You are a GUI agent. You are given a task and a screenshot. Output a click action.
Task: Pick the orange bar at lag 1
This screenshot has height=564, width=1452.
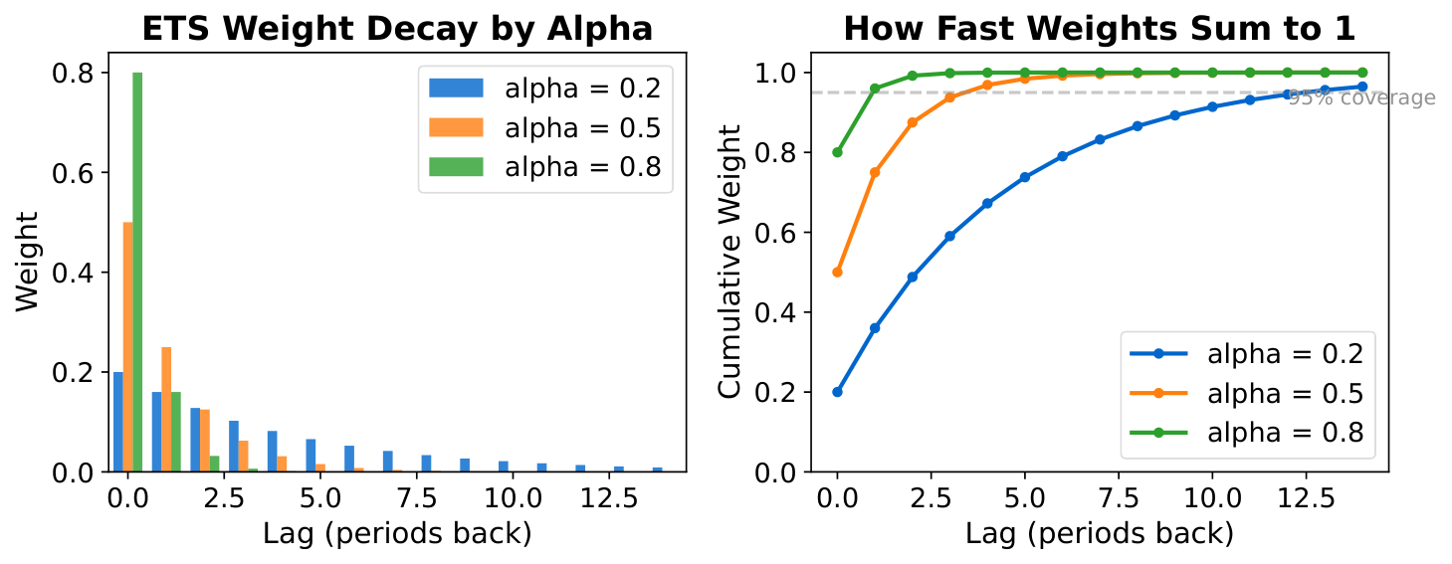point(166,409)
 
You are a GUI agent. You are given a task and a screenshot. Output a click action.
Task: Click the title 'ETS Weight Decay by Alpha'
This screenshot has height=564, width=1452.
point(397,29)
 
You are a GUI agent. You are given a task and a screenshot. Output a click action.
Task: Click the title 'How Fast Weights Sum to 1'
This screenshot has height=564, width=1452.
point(1099,29)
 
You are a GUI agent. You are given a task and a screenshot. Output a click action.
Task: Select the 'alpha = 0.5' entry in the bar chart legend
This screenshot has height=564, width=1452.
point(542,127)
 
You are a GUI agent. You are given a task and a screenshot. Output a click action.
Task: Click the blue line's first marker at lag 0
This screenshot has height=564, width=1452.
point(837,392)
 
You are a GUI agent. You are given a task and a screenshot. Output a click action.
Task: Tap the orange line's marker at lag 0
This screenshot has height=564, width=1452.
point(837,272)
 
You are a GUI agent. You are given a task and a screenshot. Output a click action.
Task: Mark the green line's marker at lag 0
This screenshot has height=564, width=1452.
point(837,152)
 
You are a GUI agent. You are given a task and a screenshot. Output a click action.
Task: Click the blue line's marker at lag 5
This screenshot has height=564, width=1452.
point(1024,177)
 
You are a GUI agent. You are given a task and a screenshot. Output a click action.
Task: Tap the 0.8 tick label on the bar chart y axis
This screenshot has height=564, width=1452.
point(73,73)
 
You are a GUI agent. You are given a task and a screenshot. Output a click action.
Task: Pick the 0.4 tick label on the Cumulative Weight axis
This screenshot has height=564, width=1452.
point(775,312)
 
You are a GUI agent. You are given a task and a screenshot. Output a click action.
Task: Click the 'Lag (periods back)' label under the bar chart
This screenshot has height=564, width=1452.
point(397,534)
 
